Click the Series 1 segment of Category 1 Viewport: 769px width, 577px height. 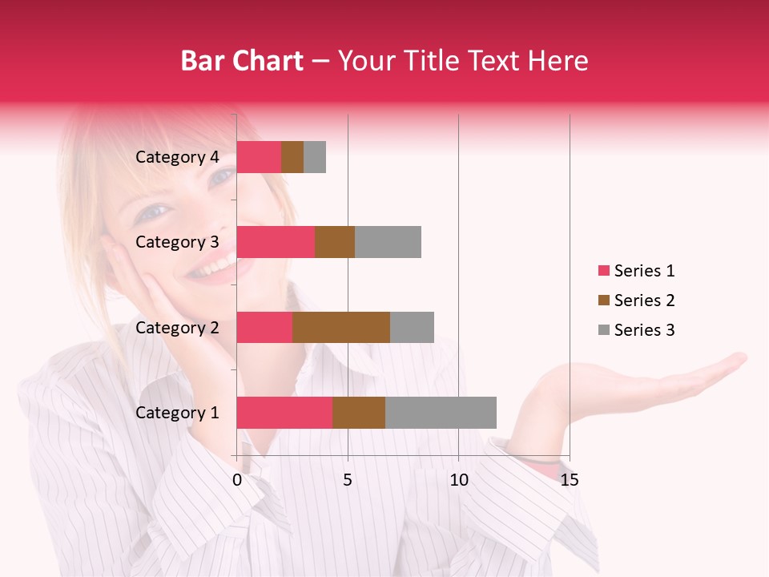tap(284, 413)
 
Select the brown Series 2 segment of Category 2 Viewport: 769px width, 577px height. tap(341, 327)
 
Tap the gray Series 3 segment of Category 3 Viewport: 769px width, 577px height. tap(388, 242)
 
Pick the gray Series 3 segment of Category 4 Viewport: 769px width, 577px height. tap(315, 157)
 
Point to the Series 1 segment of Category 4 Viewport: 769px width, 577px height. tap(259, 157)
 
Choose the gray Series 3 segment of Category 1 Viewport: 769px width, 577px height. tap(441, 413)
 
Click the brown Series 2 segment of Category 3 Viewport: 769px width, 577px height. tap(335, 242)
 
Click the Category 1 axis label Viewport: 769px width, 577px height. tap(177, 413)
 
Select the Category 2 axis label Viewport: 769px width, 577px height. tap(177, 327)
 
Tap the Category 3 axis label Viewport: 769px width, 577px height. tap(177, 242)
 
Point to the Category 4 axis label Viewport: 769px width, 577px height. tap(177, 157)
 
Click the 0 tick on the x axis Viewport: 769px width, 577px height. tap(237, 480)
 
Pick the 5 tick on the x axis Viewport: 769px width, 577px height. tap(348, 480)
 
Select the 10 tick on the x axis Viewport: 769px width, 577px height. tap(458, 480)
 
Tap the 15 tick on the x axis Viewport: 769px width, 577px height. tap(570, 480)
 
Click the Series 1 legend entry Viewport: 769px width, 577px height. tap(637, 271)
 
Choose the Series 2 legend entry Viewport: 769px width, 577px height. tap(637, 301)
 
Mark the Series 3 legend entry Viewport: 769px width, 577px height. tap(637, 330)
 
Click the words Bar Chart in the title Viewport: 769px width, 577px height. tap(242, 61)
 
